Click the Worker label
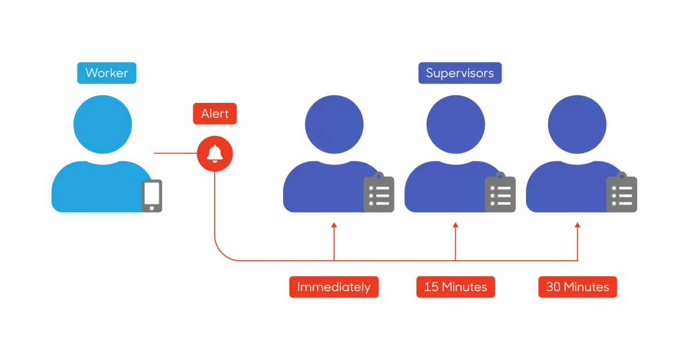107,73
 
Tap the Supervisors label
460,73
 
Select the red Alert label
215,113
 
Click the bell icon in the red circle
215,153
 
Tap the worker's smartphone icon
152,196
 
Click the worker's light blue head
103,124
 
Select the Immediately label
334,287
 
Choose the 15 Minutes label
455,287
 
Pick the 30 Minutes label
578,287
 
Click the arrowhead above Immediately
334,226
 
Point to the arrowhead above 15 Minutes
456,226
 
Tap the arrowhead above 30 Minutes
578,226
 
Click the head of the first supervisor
334,124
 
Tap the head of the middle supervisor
456,124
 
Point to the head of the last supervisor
577,124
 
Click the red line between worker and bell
174,153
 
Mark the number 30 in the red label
553,287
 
